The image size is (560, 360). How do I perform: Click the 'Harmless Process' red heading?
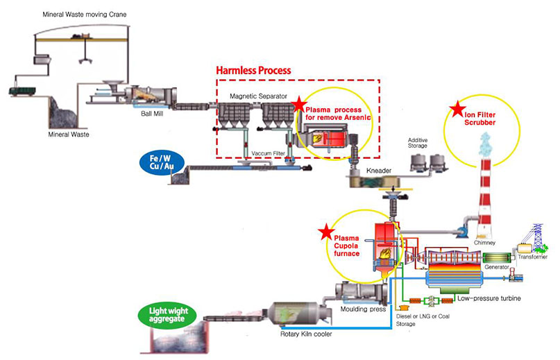253,71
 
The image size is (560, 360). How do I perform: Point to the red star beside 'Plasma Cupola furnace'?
323,232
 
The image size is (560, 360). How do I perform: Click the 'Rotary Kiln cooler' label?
305,334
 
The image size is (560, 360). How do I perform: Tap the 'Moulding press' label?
363,309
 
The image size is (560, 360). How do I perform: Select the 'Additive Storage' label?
417,142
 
